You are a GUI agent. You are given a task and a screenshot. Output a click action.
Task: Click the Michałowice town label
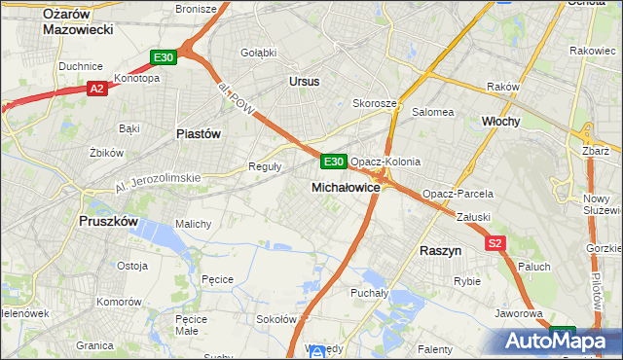click(345, 186)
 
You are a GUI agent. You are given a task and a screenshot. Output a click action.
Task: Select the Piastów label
click(199, 133)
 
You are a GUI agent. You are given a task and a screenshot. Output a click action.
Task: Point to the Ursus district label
click(304, 82)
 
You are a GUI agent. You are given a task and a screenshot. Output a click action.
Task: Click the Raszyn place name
click(440, 250)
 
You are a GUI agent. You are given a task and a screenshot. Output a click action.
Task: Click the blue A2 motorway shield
click(96, 89)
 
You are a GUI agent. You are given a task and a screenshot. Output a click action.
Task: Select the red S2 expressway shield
click(496, 243)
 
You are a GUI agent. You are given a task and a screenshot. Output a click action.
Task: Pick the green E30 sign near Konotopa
click(164, 58)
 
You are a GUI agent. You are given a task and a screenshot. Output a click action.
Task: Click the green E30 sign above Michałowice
click(333, 161)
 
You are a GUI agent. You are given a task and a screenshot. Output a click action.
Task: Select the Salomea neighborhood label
click(433, 112)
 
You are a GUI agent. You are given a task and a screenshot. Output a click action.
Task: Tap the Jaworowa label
click(518, 314)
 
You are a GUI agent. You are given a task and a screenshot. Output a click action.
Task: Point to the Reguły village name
click(266, 166)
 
